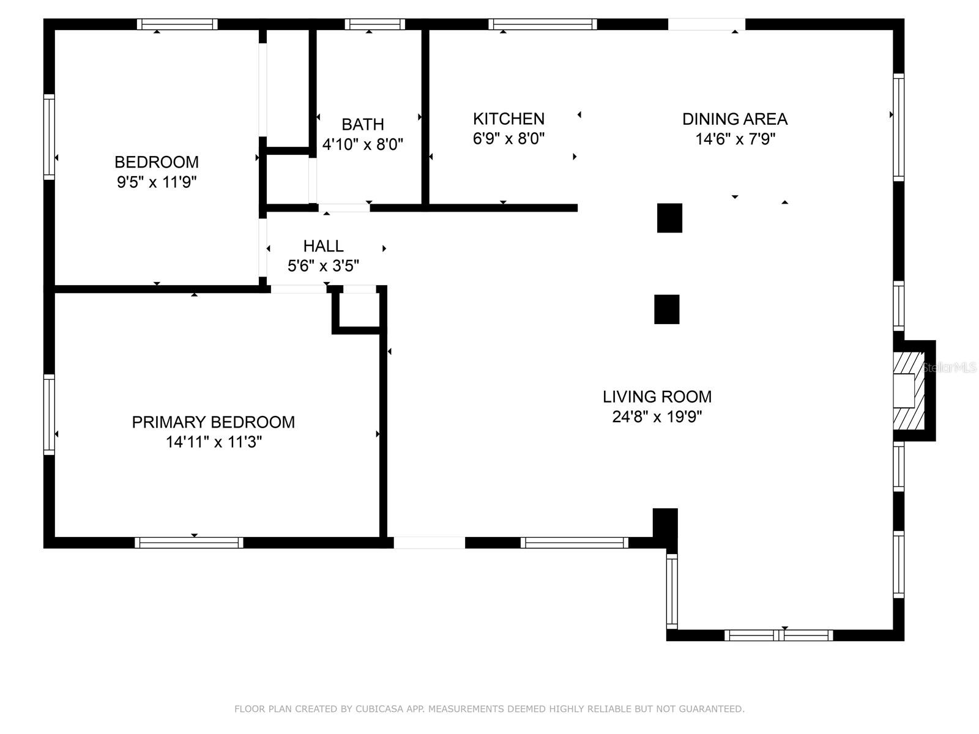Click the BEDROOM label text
click(x=157, y=162)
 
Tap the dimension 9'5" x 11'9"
click(x=157, y=182)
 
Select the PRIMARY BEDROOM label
click(x=213, y=422)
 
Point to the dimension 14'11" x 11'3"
click(x=213, y=442)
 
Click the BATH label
click(x=363, y=124)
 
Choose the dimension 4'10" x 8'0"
click(x=363, y=144)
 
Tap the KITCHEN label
click(x=508, y=119)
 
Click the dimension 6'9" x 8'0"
click(x=508, y=138)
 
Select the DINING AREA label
click(x=735, y=119)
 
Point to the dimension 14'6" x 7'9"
click(x=735, y=139)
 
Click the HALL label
click(x=323, y=246)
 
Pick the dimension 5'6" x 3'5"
click(x=323, y=266)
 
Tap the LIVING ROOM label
click(x=657, y=396)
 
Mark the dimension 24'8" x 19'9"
click(x=657, y=417)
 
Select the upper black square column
click(x=669, y=218)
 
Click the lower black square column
click(x=666, y=310)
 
